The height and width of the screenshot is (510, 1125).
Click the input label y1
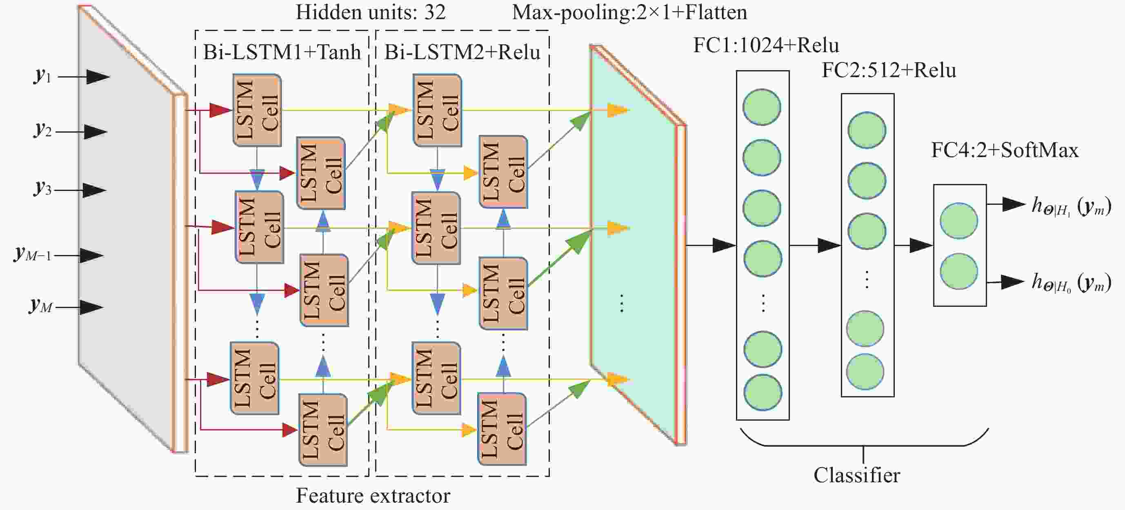point(43,75)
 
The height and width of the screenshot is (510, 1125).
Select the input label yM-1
point(33,254)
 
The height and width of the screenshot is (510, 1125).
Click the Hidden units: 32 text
point(371,12)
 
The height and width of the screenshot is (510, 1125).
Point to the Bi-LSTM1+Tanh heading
point(282,52)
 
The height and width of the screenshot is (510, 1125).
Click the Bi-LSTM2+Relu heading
point(462,52)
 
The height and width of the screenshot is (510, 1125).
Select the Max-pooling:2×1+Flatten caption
point(629,12)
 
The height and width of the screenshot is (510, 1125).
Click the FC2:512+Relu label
point(889,70)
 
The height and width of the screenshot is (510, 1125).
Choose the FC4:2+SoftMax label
point(1005,150)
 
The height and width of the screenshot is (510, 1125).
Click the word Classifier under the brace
point(856,475)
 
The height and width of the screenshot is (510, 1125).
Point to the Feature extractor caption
point(373,496)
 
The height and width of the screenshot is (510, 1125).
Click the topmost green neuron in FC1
point(762,107)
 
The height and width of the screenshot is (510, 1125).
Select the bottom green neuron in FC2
point(865,372)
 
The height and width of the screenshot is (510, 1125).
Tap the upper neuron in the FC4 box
point(959,221)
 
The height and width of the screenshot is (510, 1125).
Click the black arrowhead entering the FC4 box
point(921,245)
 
